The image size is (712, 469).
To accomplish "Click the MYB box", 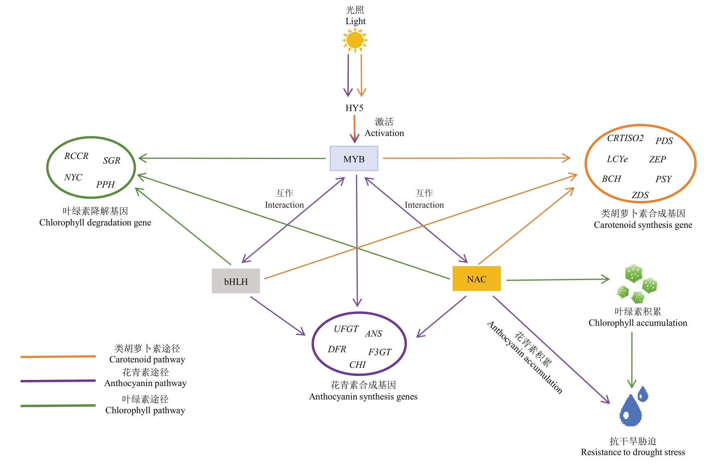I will coord(353,159).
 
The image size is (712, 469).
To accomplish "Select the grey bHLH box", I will coord(236,281).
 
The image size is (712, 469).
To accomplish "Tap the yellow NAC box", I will coord(477,279).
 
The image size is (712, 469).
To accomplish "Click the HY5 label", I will coord(354,108).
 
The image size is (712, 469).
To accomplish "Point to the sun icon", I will coord(355,40).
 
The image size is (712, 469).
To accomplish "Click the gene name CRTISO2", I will coord(625,138).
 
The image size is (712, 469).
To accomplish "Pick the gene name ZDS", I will coord(640,195).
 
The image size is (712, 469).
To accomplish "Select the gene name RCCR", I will coord(76,156).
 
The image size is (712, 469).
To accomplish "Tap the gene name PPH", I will coord(105,185).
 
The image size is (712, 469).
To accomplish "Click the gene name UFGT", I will coord(346,329).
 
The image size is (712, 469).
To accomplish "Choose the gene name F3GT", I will coord(380,352).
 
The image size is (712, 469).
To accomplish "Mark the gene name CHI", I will coord(357,365).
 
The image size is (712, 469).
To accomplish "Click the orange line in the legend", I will coord(58,357).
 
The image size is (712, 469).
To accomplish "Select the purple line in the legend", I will coord(58,381).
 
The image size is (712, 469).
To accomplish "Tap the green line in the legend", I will coord(58,406).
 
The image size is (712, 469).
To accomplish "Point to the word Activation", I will coord(384,133).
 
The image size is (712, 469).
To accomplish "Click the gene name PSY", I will coord(663,179).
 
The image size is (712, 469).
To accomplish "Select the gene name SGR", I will coord(112,161).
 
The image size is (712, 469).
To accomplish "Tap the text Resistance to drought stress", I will coord(633,452).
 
